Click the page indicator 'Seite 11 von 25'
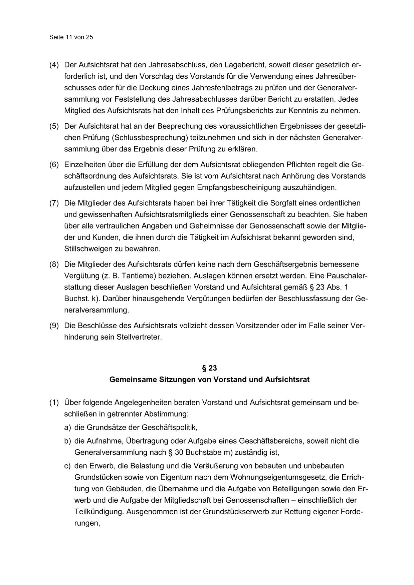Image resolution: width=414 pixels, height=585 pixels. click(x=71, y=37)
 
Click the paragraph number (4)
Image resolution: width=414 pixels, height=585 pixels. click(x=54, y=65)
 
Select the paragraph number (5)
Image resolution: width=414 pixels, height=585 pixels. click(x=54, y=126)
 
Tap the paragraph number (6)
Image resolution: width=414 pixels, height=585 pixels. click(x=54, y=165)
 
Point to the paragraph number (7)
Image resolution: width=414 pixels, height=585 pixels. click(x=54, y=203)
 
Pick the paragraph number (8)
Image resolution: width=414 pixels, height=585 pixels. click(x=54, y=264)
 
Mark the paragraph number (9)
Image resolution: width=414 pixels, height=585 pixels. click(x=54, y=326)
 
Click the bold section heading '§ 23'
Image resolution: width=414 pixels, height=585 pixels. click(x=209, y=368)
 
